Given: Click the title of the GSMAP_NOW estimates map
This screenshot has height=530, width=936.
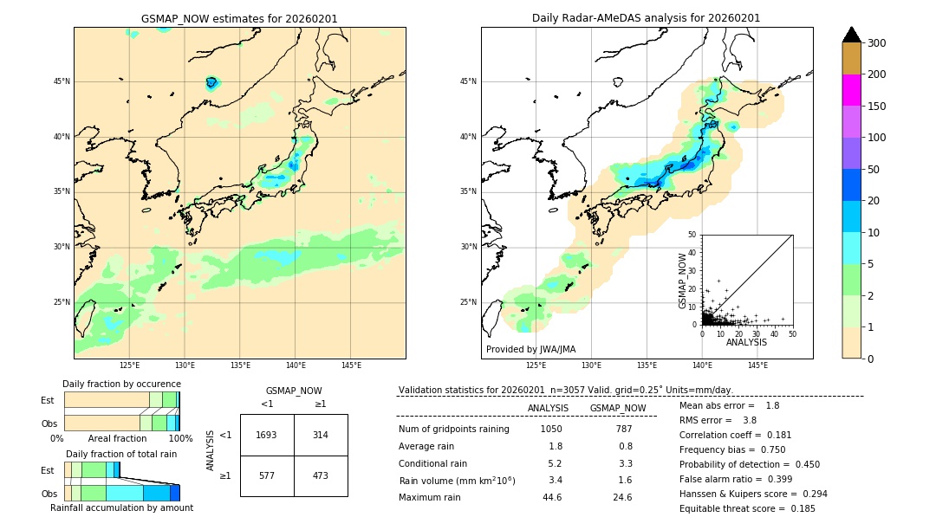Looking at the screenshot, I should point(239,18).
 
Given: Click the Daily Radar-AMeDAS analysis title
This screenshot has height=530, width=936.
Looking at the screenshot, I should point(646,18).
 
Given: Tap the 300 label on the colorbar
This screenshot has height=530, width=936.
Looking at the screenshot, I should point(876,43).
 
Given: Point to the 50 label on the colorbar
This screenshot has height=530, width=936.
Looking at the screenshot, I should point(874,170).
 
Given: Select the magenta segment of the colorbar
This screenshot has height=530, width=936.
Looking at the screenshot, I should point(851,90).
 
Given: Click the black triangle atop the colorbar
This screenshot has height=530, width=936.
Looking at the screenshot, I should point(851,35).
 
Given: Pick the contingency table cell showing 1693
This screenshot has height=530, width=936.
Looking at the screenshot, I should point(267,435).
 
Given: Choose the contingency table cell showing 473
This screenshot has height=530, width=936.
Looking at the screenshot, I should point(321,475).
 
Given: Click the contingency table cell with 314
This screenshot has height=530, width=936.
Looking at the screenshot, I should point(321,435).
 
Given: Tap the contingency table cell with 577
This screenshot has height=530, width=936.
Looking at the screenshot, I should point(267,475).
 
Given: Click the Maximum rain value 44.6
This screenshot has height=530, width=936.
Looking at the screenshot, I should point(551,497).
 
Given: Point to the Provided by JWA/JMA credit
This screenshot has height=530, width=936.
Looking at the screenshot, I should point(530,349).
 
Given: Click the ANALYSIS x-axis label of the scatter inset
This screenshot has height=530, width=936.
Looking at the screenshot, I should point(746,342).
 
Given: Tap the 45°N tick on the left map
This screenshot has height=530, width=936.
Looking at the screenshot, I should point(62,81).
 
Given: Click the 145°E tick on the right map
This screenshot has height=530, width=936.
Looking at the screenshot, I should point(757,365).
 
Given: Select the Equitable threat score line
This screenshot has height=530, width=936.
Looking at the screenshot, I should point(747,508).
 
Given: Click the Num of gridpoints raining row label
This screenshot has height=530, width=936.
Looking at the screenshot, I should point(454,429).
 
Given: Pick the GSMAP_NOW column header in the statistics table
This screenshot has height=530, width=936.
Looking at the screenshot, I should point(617,408).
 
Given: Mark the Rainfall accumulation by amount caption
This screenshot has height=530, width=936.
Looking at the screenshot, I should point(121,507).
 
